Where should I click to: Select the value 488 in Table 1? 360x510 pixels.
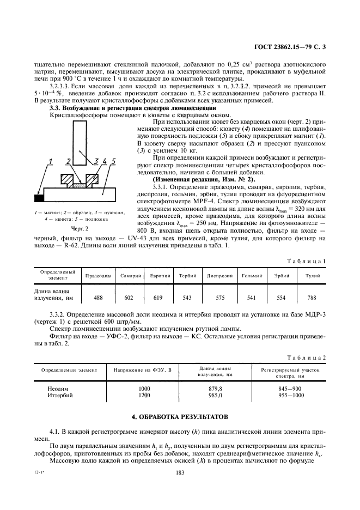99,297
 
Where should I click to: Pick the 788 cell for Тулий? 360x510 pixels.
312,297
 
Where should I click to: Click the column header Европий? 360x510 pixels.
158,276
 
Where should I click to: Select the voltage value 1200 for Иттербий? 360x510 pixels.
144,395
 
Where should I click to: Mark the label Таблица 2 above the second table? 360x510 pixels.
308,357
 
